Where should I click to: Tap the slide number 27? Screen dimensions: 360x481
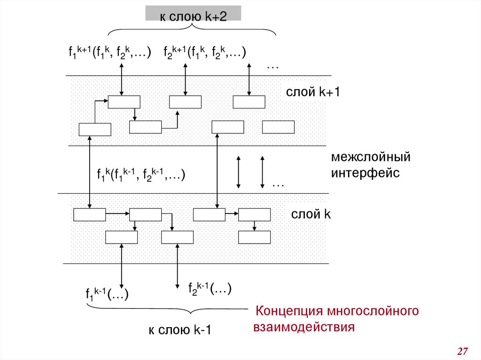[463, 351]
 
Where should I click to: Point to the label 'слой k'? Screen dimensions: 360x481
[311, 214]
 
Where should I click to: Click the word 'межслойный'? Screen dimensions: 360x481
[371, 157]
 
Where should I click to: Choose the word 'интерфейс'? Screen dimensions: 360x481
[365, 173]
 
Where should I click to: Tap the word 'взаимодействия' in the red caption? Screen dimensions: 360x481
[303, 327]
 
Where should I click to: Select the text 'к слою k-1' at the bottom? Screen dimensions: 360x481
[180, 330]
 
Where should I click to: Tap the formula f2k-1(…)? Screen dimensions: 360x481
[210, 288]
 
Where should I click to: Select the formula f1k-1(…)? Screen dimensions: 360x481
[107, 294]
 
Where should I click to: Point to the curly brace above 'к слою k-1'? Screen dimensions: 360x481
[167, 310]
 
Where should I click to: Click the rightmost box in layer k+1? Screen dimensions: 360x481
[278, 127]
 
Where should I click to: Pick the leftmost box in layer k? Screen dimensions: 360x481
[90, 214]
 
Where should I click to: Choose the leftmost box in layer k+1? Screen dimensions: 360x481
[95, 129]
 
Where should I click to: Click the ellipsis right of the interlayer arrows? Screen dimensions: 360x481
[278, 185]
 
